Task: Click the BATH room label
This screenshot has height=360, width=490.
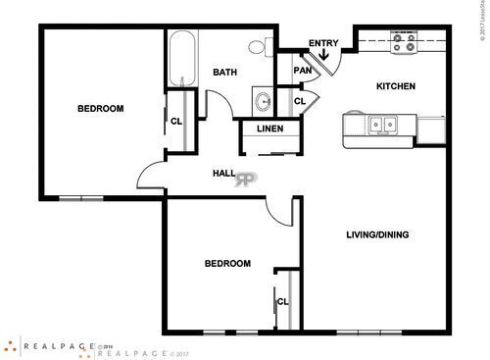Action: click(x=225, y=72)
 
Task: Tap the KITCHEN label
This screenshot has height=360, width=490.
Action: click(x=396, y=86)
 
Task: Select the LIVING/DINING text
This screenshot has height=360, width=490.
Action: click(x=377, y=234)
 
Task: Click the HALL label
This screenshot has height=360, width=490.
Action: click(x=223, y=174)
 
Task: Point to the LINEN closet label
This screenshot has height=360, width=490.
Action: click(x=270, y=129)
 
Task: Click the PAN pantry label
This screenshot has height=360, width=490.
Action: click(x=303, y=71)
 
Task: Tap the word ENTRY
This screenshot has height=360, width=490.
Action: click(x=323, y=43)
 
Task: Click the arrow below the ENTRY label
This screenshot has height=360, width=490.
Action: click(x=324, y=57)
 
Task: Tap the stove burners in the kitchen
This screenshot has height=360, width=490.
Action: click(x=404, y=42)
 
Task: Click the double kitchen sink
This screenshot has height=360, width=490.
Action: click(x=382, y=126)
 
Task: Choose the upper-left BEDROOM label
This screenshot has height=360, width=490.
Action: click(x=100, y=109)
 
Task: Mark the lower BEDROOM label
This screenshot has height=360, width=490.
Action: click(x=226, y=264)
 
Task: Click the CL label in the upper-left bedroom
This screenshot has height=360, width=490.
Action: click(x=176, y=121)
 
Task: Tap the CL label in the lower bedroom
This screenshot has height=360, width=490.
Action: click(x=282, y=301)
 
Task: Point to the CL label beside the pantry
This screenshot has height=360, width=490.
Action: click(x=300, y=100)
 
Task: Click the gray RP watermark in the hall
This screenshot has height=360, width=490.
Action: click(x=246, y=179)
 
